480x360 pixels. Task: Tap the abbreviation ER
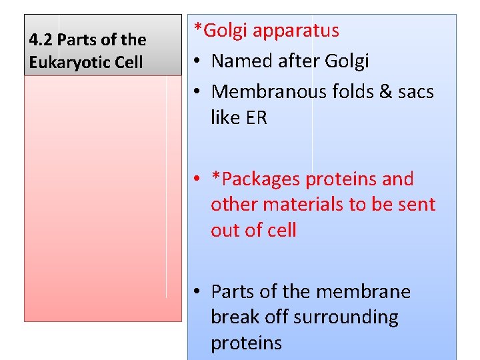click(x=257, y=118)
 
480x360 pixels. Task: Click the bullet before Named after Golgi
click(x=199, y=62)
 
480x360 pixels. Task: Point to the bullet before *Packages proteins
click(x=199, y=180)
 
